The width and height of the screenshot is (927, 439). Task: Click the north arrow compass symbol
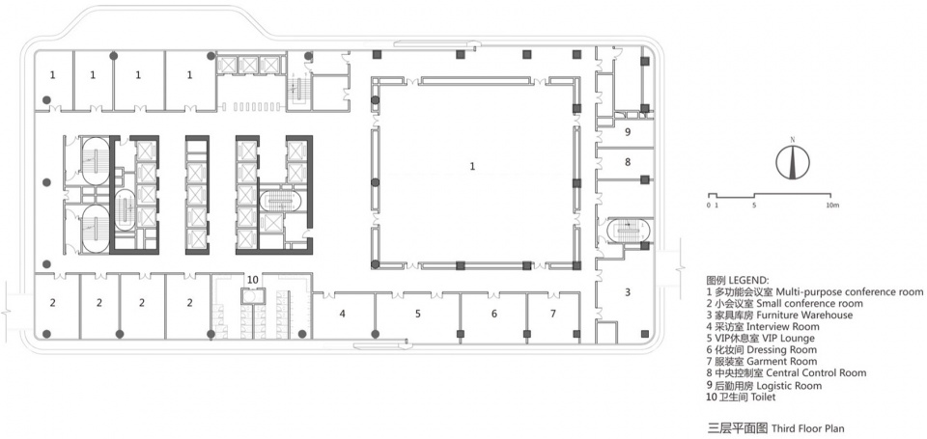tap(792, 161)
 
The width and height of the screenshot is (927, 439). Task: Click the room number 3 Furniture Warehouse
tap(628, 291)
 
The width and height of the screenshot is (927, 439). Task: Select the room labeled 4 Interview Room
tap(342, 314)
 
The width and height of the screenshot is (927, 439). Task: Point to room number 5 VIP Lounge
tap(417, 314)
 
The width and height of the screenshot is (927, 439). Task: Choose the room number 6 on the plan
tap(494, 314)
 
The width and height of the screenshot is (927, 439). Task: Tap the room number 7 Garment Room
tap(552, 314)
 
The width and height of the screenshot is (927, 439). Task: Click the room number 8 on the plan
tap(628, 161)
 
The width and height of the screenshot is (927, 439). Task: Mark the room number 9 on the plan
tap(628, 132)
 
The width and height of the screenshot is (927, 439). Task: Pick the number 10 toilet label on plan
tap(252, 279)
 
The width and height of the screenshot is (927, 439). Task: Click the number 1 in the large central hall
tap(472, 167)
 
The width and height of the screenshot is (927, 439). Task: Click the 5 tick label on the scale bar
tap(754, 205)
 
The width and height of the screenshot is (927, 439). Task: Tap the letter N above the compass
tap(792, 140)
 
